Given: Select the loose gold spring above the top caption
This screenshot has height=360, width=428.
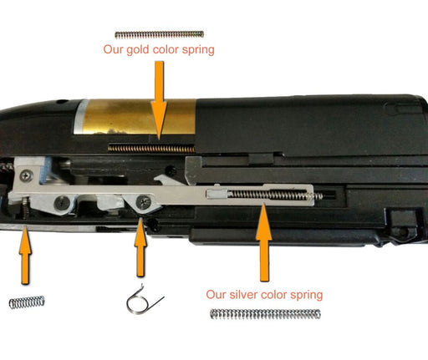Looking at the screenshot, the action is (160, 35).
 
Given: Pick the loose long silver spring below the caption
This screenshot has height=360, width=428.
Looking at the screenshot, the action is (265, 314).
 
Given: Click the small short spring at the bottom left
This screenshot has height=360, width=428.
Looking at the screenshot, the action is (27, 302).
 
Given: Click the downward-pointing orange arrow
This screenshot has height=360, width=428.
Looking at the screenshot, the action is (159, 99).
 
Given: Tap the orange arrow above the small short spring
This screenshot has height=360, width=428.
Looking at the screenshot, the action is (25, 256).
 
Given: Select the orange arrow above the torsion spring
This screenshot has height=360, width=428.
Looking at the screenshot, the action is (140, 247).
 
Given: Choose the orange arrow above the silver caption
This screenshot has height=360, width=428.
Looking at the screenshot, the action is (263, 242).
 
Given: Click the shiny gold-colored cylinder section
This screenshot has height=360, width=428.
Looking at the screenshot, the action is (140, 117).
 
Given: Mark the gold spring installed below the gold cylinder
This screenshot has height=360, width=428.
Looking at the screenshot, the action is (152, 148).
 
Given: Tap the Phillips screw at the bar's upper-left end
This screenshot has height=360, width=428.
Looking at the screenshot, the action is (27, 175).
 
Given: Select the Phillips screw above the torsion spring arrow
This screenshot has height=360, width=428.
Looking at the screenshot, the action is (144, 201).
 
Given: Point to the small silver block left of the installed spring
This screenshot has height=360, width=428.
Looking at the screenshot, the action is (217, 193).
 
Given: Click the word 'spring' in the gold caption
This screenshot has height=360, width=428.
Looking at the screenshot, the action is (198, 51).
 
